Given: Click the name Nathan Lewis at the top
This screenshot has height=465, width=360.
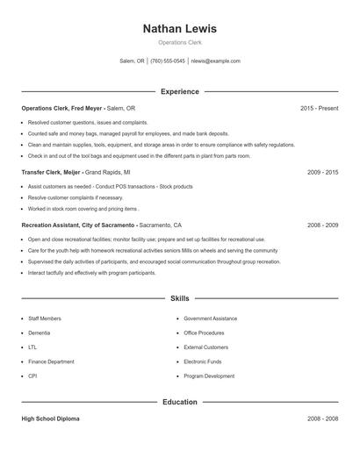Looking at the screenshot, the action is click(179, 29).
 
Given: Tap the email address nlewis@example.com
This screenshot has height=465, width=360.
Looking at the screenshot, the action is click(216, 61).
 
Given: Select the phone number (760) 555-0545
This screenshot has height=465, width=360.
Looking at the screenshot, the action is click(168, 61).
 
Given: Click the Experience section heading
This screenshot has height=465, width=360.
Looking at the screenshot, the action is click(179, 91).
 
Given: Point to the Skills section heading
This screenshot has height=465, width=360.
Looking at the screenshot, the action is click(179, 299).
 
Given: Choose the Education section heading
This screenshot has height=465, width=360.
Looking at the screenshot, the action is click(179, 402).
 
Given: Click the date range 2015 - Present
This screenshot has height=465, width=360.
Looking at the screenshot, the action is click(319, 108).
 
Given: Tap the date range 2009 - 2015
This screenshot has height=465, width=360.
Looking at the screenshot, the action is click(323, 173).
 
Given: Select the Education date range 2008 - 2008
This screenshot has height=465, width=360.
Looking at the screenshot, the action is click(323, 419).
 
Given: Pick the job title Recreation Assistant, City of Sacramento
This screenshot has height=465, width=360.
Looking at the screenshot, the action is click(79, 225).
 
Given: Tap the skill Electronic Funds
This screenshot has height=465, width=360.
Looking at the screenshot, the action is click(204, 361).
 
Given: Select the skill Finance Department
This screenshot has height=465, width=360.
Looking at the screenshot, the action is click(51, 361).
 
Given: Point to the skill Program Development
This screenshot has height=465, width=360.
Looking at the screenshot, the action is click(209, 376).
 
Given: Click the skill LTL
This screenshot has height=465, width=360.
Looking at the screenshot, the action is click(32, 347).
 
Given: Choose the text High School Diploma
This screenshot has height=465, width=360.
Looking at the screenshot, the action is click(50, 419).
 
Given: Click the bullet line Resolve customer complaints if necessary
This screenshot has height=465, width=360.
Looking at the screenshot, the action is click(76, 198).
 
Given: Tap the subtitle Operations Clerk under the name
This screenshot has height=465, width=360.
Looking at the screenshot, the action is click(179, 43).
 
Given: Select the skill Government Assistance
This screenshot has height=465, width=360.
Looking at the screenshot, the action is click(212, 318).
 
